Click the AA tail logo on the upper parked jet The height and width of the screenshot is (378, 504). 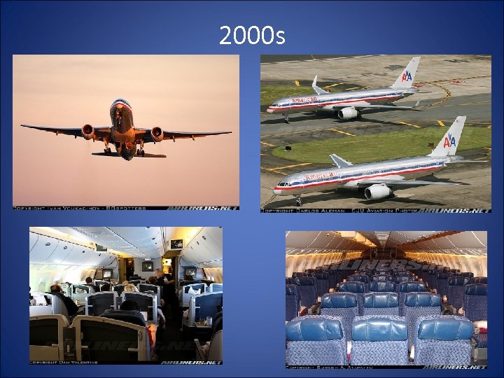pos(407,75)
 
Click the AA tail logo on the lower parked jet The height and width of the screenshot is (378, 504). pos(449,141)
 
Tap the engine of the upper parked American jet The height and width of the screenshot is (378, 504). pos(349,113)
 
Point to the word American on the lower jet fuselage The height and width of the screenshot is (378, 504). pos(318,176)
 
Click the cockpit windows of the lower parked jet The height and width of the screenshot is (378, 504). pos(281,183)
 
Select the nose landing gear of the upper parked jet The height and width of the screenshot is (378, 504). pos(286,118)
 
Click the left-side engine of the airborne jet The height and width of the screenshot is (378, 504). pos(88,131)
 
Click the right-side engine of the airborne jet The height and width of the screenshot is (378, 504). pos(157,132)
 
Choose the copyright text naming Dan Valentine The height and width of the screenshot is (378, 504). pos(59,362)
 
